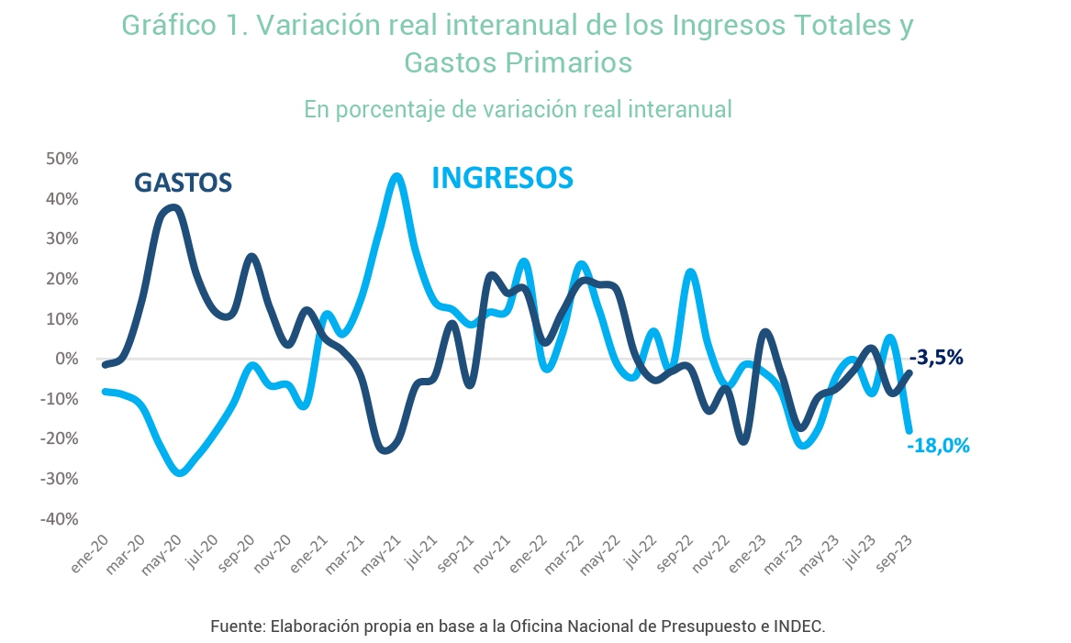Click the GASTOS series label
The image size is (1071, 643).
[183, 183]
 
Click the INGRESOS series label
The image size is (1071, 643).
[502, 178]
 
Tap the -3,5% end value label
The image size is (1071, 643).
[936, 357]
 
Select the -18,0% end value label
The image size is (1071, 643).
[939, 446]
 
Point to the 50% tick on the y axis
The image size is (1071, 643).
[62, 159]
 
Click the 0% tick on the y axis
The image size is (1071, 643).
[67, 359]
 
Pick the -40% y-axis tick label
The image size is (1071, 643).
[60, 519]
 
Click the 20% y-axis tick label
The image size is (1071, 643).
[62, 279]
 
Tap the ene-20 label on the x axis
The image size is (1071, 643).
[89, 554]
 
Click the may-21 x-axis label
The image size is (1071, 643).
[381, 555]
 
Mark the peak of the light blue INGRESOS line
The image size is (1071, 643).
[396, 176]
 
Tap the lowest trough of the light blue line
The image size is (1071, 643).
[180, 472]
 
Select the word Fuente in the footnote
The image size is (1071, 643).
[238, 626]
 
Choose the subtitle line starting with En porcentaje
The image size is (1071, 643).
[518, 109]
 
